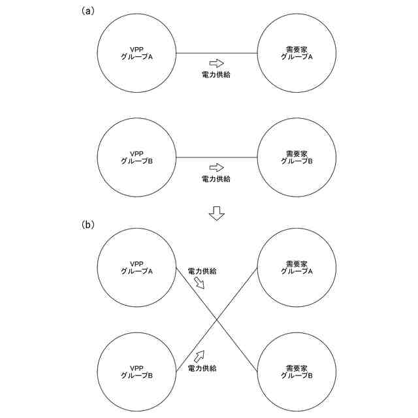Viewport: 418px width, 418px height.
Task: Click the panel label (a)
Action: pos(88,11)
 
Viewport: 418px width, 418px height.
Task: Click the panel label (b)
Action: pos(88,225)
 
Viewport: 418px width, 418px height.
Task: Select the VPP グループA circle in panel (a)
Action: pos(137,53)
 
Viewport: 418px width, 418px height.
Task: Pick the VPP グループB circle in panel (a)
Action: pos(137,157)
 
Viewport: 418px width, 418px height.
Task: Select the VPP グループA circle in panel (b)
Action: pos(137,267)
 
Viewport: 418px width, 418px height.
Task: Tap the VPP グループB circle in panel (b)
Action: pos(137,372)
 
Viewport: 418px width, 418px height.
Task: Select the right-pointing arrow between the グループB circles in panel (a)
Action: pos(216,168)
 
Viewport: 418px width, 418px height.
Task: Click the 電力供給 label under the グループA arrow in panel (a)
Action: pos(216,75)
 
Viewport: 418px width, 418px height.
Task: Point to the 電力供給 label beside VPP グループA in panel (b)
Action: pos(202,270)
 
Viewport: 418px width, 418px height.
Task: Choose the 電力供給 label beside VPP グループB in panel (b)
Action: pos(202,368)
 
